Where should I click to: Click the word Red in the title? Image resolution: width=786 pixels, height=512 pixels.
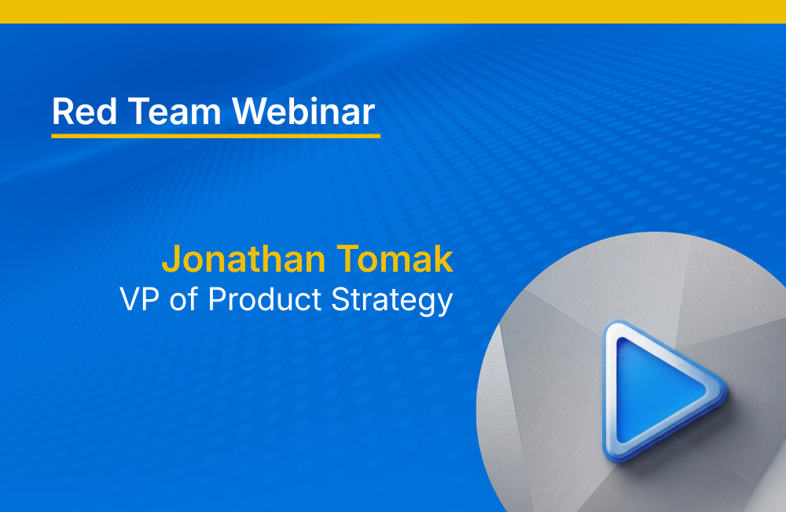[x=85, y=112]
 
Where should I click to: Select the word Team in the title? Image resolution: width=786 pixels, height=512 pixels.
[x=174, y=112]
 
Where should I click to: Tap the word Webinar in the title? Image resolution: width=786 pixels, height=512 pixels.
[x=303, y=111]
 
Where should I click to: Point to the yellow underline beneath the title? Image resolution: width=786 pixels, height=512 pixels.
[x=215, y=136]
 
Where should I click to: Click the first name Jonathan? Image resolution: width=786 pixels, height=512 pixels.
[x=244, y=259]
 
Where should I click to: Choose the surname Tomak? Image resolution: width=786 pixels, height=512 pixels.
[x=395, y=259]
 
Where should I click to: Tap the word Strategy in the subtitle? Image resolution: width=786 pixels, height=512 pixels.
[x=392, y=301]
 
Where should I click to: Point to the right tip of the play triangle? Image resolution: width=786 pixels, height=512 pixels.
[x=725, y=389]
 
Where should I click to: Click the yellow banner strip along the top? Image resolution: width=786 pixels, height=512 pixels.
[x=393, y=12]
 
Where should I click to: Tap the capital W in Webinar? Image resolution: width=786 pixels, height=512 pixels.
[x=250, y=112]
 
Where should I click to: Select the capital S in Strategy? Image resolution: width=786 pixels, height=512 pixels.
[x=341, y=300]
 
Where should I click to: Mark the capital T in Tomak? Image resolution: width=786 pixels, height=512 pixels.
[x=347, y=259]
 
